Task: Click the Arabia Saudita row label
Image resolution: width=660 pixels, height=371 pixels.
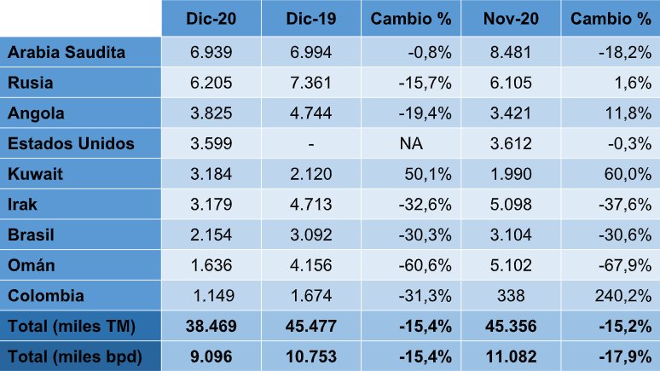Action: [67, 52]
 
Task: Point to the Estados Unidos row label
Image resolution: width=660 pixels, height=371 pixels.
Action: [71, 143]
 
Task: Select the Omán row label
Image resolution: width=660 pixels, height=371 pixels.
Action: [32, 265]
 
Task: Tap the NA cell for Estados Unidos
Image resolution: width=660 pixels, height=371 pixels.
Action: [411, 143]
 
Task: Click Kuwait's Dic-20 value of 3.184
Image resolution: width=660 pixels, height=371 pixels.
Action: [211, 174]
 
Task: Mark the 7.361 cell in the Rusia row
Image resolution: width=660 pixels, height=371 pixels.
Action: [311, 83]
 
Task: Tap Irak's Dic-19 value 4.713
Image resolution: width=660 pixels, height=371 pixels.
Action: [311, 205]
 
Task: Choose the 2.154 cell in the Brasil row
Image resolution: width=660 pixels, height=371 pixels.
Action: [211, 235]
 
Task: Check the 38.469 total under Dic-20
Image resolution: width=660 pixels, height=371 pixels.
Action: [211, 326]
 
